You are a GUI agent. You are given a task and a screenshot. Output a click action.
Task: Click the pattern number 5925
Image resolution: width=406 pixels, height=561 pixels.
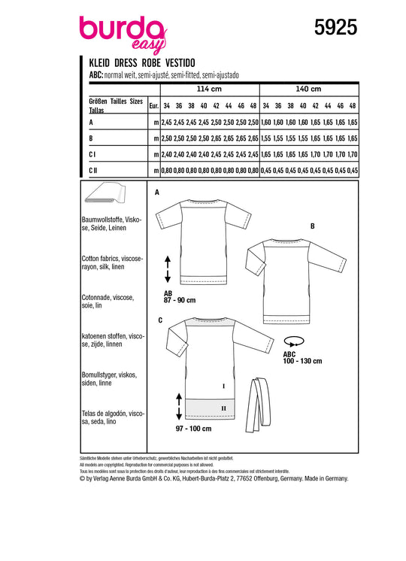click(335, 28)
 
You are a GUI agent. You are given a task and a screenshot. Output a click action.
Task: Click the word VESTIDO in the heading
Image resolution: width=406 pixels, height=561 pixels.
click(180, 63)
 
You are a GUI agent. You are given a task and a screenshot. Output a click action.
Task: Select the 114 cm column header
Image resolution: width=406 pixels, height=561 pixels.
click(209, 89)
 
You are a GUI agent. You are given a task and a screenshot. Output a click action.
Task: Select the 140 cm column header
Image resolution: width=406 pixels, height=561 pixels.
click(308, 89)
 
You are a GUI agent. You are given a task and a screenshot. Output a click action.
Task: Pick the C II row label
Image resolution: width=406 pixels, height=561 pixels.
click(93, 171)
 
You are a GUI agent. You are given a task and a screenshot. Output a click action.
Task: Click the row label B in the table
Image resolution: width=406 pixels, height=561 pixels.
click(91, 138)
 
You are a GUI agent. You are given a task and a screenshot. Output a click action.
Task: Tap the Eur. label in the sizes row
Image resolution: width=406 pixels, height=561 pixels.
click(153, 106)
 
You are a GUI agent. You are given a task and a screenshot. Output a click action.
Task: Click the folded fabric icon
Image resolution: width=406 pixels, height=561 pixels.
click(105, 193)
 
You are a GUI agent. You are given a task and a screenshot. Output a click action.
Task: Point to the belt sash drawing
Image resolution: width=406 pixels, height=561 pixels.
click(259, 405)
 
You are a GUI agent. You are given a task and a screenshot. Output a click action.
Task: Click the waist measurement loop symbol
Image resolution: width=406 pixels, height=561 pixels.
click(293, 341)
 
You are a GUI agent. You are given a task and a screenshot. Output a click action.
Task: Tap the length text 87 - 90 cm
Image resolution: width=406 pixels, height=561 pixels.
click(180, 300)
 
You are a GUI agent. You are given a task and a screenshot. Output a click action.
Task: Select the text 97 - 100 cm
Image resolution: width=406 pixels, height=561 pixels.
click(193, 429)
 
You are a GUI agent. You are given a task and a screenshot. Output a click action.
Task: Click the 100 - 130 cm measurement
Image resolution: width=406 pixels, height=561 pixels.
click(302, 361)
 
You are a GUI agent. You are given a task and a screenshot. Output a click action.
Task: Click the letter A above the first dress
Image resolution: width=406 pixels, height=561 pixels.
click(157, 193)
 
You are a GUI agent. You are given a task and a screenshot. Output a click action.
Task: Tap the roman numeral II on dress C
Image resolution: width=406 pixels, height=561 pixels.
click(223, 408)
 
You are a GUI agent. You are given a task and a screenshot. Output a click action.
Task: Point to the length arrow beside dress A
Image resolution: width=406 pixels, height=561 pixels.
click(168, 269)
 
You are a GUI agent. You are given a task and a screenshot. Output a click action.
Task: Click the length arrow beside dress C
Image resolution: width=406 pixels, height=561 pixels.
click(179, 406)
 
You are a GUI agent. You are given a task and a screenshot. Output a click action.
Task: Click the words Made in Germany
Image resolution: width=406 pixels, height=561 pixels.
click(326, 478)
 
